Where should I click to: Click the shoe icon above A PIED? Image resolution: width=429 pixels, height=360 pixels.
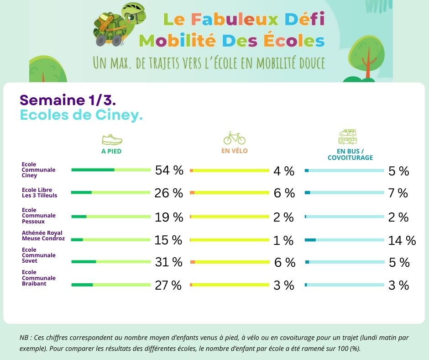[111, 139]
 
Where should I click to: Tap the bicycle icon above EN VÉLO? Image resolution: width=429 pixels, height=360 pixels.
[234, 138]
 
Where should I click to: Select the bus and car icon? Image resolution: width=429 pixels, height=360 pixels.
[348, 137]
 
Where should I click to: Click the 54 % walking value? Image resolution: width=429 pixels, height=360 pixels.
[169, 170]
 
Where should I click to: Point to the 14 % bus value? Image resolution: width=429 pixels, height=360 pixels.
[402, 240]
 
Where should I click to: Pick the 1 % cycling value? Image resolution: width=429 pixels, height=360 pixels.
[283, 240]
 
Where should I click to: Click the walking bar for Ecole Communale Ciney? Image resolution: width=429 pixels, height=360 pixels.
[111, 170]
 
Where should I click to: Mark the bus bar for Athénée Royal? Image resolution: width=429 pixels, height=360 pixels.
[344, 240]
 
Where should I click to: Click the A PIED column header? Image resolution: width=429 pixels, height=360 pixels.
[111, 151]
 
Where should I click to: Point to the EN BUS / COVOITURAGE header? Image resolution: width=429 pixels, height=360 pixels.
[350, 154]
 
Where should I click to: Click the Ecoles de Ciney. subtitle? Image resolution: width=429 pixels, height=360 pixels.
[81, 115]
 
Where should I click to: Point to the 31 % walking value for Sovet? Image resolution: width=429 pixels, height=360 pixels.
[168, 262]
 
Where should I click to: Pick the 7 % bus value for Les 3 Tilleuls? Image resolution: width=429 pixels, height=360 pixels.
[398, 193]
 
